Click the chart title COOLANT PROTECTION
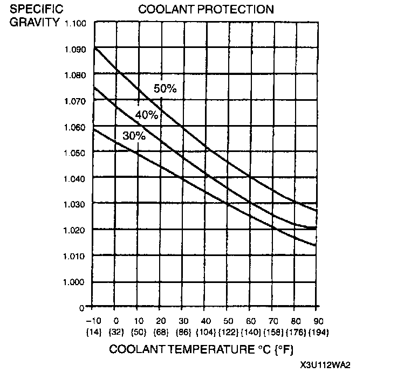[206, 10]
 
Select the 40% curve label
[146, 115]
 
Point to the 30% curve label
[134, 136]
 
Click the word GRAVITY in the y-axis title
[33, 23]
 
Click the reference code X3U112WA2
[323, 365]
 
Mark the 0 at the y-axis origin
[82, 308]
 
